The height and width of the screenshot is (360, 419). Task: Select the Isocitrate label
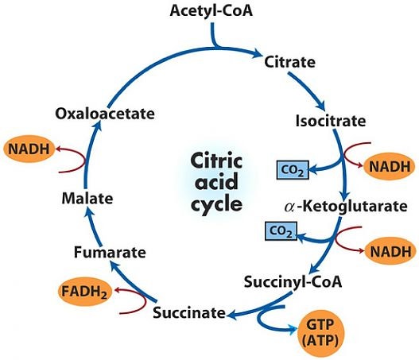pyautogui.click(x=329, y=122)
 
